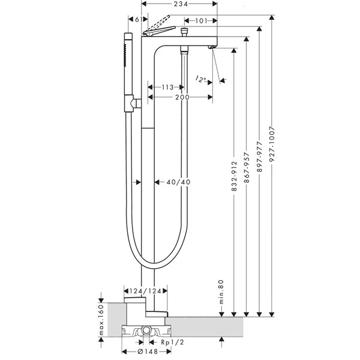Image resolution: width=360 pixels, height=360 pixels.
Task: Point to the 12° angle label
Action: (202, 79)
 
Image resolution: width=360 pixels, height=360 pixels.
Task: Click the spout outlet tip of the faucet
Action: (211, 46)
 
